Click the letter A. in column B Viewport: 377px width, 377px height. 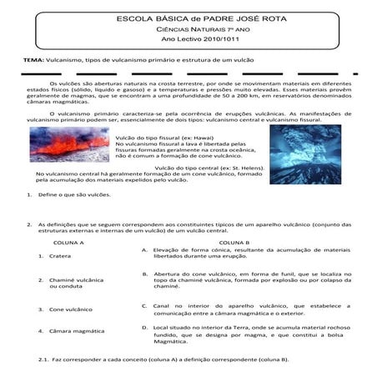tap(145, 250)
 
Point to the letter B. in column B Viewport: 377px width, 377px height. tap(145, 274)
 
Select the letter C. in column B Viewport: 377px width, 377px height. tap(145, 306)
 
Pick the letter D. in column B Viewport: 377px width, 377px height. tap(145, 329)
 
